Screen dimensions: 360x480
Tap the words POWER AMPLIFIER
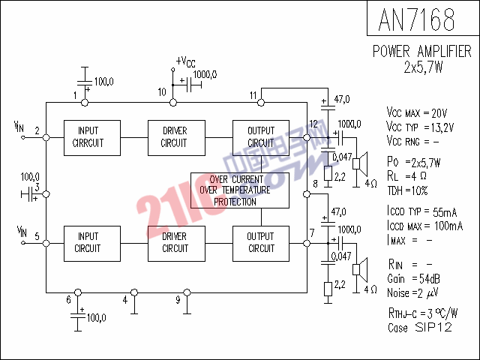[x=423, y=51]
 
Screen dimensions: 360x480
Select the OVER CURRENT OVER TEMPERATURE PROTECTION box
[x=239, y=190]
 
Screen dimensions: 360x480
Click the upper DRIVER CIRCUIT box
[x=175, y=136]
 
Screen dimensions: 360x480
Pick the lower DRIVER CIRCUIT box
[x=175, y=242]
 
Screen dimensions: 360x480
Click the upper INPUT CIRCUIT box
[x=88, y=136]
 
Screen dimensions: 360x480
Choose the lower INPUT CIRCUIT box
[x=88, y=242]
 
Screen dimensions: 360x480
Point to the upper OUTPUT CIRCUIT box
[x=261, y=136]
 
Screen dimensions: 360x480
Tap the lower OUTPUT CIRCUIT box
[x=261, y=242]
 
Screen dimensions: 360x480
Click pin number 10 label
[x=161, y=92]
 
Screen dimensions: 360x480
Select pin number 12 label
[x=313, y=123]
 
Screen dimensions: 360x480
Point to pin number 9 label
[x=178, y=300]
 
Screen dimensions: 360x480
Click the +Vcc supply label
[x=186, y=61]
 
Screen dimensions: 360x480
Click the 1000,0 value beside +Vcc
[x=205, y=74]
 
